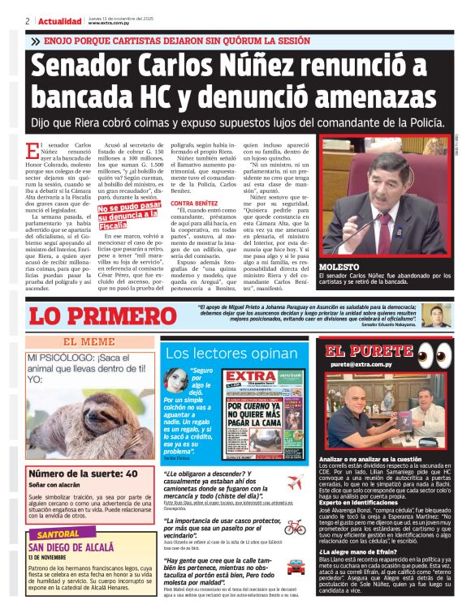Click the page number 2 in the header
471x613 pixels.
tap(28, 21)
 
